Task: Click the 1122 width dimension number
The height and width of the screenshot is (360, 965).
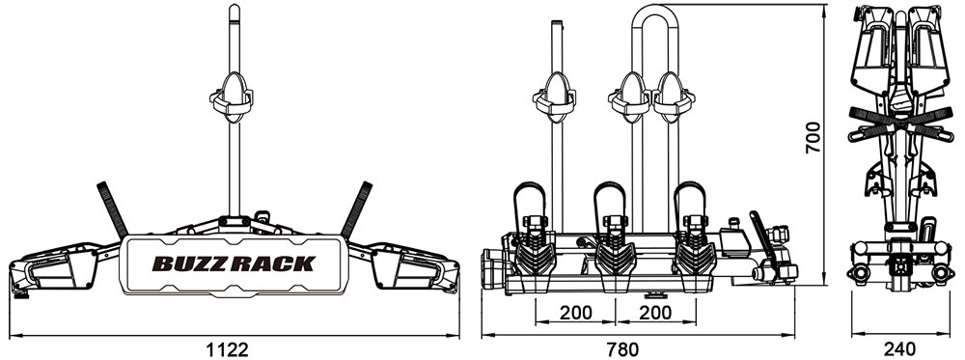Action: click(228, 349)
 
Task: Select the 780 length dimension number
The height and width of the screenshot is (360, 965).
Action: click(622, 349)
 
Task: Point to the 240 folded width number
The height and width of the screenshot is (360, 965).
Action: click(898, 349)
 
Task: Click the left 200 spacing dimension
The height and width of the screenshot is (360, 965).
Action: click(576, 313)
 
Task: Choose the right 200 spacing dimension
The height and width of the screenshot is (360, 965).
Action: click(655, 313)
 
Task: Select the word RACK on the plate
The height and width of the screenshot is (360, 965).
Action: click(272, 264)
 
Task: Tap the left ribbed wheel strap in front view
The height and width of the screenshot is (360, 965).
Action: click(113, 210)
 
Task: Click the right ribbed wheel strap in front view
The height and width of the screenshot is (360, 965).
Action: click(356, 209)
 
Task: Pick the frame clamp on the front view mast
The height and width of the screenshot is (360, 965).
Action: click(232, 97)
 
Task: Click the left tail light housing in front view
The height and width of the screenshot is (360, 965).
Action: click(54, 267)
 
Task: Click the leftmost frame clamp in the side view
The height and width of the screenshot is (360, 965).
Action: click(555, 97)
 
